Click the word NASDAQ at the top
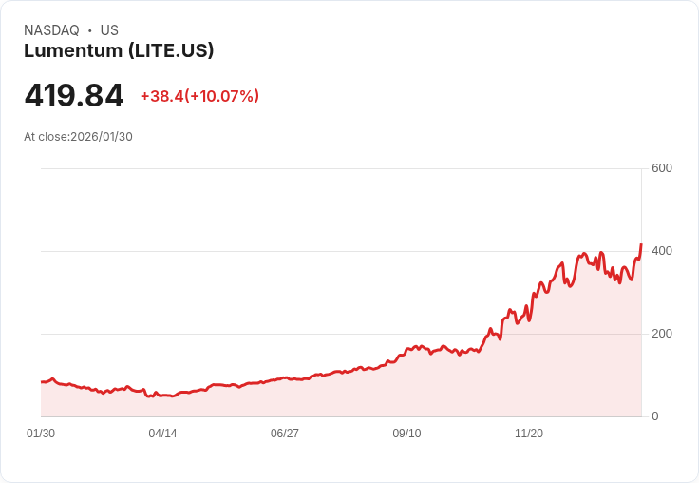51,30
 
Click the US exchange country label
109,30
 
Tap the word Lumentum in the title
72,51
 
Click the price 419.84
74,96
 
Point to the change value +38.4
161,96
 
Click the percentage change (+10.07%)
222,96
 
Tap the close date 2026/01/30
102,137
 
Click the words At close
46,137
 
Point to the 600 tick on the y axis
661,168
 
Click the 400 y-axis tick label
661,251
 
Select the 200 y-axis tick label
661,334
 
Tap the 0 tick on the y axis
655,416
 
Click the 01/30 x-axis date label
41,434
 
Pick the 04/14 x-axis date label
162,434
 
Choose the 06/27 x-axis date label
285,434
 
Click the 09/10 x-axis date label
406,434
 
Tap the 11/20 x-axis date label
528,434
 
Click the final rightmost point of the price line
641,245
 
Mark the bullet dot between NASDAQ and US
90,30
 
